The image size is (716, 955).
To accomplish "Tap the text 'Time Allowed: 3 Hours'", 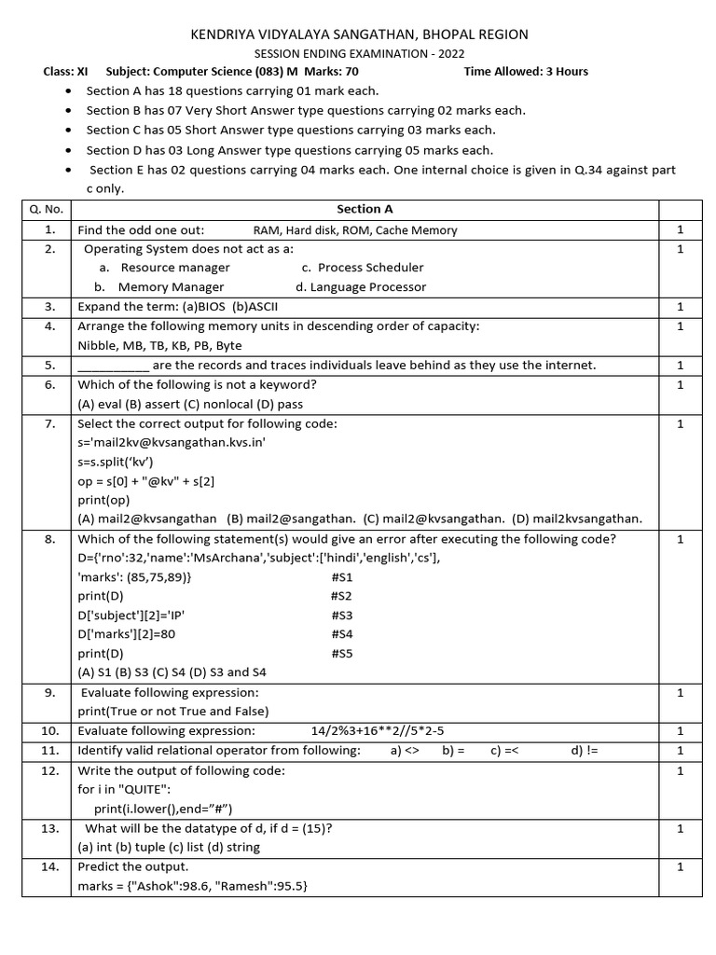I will coord(526,71).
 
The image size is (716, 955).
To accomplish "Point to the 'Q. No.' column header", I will coord(49,209).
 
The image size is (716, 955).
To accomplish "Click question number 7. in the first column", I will coord(49,423).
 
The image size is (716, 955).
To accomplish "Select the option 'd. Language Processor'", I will coord(361,287).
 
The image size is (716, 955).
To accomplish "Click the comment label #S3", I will coord(341,616).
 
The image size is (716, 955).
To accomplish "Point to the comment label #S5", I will coord(341,654).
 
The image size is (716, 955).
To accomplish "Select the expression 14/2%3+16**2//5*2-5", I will coord(384,731).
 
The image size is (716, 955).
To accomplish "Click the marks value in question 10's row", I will coord(681,731).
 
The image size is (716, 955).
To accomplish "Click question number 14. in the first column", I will coord(49,866).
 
